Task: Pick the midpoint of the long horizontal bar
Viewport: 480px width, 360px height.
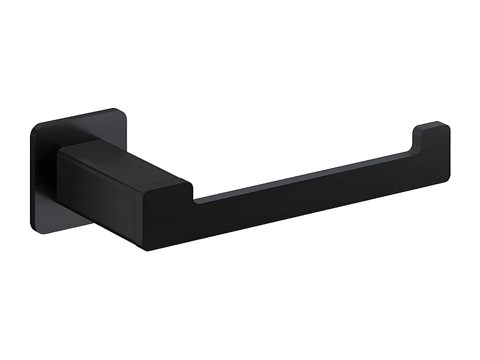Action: (x=300, y=198)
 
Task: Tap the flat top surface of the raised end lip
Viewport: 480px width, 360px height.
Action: (x=433, y=126)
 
